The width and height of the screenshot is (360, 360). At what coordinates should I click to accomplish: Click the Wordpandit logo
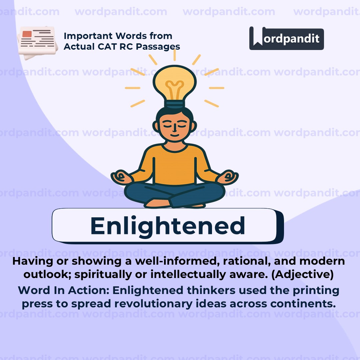click(x=286, y=38)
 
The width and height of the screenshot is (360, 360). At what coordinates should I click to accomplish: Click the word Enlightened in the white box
click(x=168, y=226)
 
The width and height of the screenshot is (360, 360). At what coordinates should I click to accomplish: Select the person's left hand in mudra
click(x=228, y=177)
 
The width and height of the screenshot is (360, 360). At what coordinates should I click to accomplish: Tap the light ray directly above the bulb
click(x=174, y=55)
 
